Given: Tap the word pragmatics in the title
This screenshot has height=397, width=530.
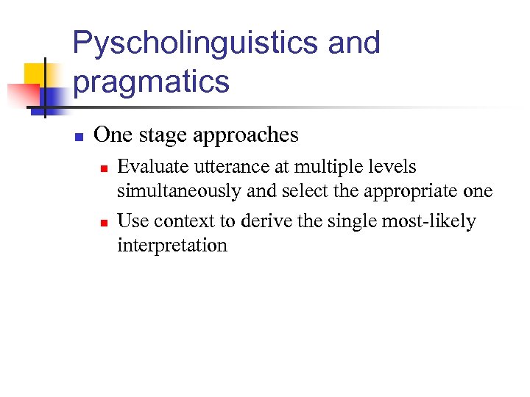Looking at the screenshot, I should pos(152,82).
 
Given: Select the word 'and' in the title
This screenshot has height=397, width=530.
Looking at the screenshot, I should pos(354,43).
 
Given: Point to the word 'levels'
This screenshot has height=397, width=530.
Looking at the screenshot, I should pos(391,168).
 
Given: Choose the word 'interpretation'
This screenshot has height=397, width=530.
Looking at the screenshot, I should pos(172,245).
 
